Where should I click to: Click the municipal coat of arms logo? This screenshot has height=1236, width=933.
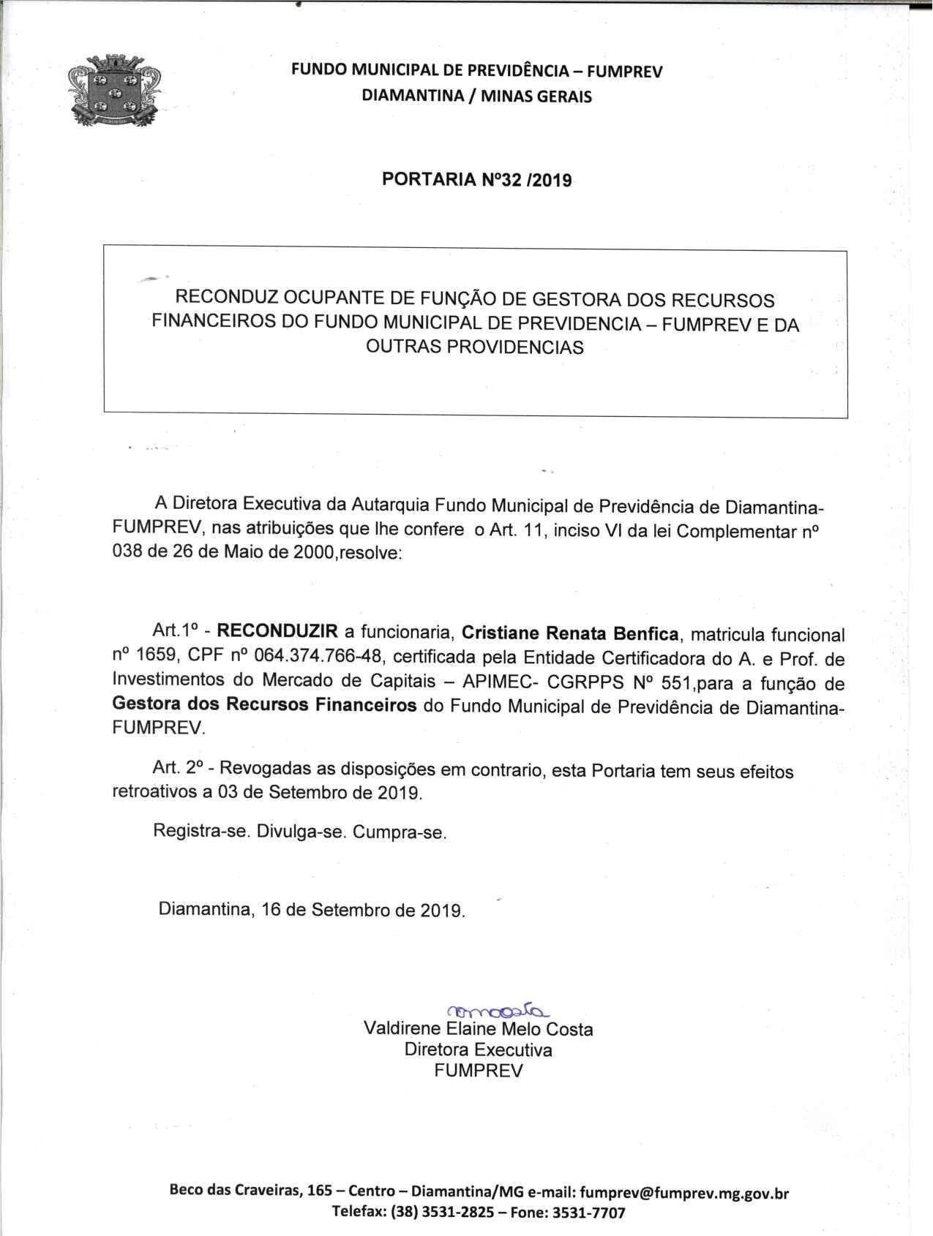pos(113,92)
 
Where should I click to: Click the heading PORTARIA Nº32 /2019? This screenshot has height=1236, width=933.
pos(476,180)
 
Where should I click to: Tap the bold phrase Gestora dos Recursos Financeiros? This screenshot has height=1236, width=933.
pos(264,706)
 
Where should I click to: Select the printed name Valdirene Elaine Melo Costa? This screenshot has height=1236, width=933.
pos(478,1030)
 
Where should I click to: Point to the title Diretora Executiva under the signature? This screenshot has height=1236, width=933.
pos(478,1050)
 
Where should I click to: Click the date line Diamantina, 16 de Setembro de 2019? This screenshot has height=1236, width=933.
pos(312,911)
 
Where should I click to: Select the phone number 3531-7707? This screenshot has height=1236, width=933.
pos(589,1213)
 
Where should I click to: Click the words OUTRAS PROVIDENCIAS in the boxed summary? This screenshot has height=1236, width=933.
pos(474,347)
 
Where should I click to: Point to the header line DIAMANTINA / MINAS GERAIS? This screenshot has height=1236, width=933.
pos(476,96)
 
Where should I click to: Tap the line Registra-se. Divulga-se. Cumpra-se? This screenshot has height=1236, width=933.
pos(299,832)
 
